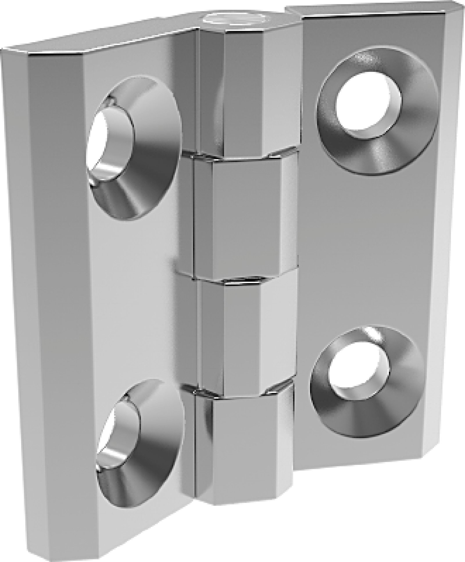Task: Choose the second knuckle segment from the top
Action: [238, 215]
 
